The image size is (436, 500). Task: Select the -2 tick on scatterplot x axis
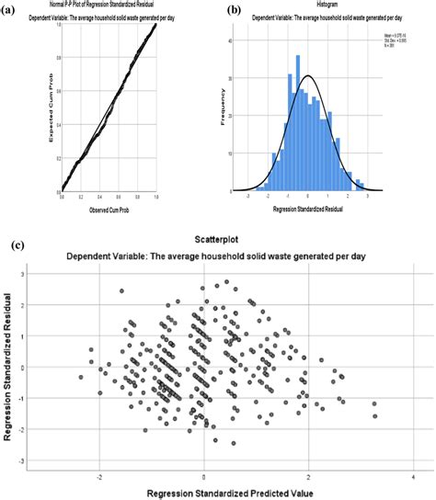click(x=98, y=476)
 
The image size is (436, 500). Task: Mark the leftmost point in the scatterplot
click(x=81, y=377)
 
